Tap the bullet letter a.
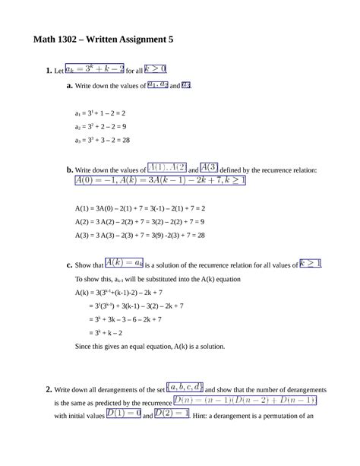click(x=68, y=86)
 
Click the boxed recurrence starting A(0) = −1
click(x=159, y=182)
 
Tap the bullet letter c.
click(x=68, y=265)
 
